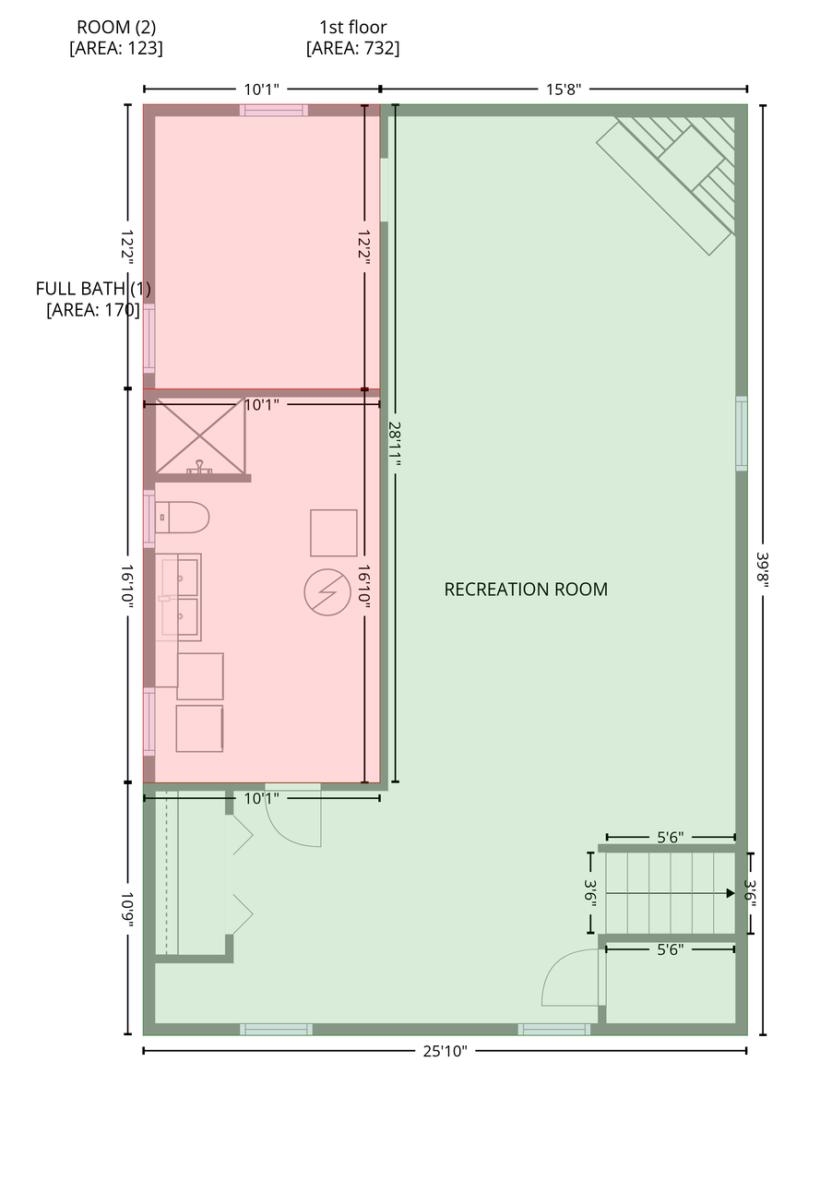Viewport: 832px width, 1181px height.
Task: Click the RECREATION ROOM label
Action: tap(525, 589)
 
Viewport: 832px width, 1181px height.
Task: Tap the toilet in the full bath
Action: tap(182, 518)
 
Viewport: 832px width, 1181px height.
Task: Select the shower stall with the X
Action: tap(200, 435)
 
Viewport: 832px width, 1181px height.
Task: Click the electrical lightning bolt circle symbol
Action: tap(327, 592)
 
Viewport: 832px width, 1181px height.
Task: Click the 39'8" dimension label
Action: tap(763, 572)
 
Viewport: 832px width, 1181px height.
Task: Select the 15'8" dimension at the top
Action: tap(563, 89)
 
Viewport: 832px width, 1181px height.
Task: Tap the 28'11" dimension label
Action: tap(395, 444)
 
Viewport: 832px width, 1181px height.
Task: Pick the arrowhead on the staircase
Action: tap(731, 893)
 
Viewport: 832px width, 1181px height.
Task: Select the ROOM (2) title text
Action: tap(116, 27)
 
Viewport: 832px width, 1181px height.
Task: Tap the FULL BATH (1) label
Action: tap(93, 289)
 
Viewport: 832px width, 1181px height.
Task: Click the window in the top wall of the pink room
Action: tap(274, 110)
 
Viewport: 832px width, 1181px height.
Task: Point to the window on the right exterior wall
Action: tap(742, 433)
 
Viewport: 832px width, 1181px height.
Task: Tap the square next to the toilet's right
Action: tap(333, 532)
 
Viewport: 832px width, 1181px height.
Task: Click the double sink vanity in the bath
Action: tap(178, 597)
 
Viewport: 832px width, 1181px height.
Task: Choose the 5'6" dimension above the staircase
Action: tap(671, 837)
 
